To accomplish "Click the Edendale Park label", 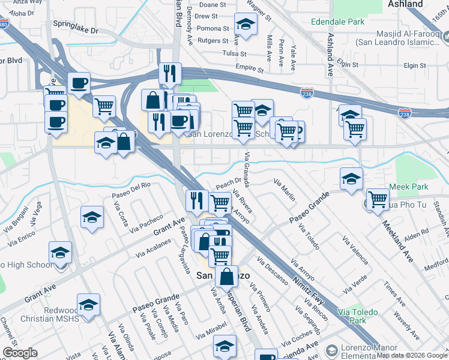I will click(338, 22).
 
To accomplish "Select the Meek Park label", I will click(408, 187).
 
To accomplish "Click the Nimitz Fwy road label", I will click(310, 289).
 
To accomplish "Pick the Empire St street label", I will click(250, 68).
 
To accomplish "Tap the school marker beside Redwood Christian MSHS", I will click(88, 304).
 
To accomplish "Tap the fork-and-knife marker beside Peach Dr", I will click(196, 200).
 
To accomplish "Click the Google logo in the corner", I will click(20, 353).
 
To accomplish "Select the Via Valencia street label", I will click(355, 250).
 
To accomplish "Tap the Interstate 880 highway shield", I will click(4, 25).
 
